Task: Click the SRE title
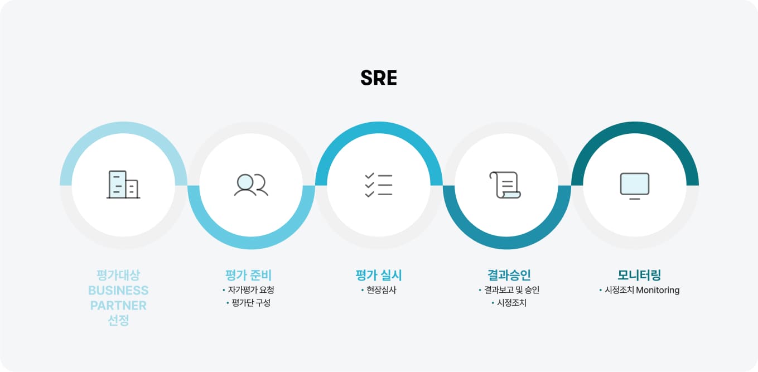pos(379,78)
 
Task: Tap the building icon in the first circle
pos(123,185)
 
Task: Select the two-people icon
pos(251,185)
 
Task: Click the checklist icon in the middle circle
pos(379,185)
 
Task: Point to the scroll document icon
pos(505,185)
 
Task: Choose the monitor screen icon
pos(635,186)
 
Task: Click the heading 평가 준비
pos(248,275)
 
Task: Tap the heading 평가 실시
pos(379,275)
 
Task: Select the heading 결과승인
pos(509,275)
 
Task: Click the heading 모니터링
pos(639,275)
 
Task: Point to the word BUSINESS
pos(118,291)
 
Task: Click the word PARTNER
pos(118,306)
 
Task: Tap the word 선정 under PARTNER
pos(118,320)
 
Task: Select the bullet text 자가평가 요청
pos(251,290)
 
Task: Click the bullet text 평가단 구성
pos(251,303)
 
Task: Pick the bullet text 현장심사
pos(382,290)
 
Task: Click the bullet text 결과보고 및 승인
pos(511,290)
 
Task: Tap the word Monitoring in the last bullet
pos(658,290)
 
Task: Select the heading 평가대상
pos(118,275)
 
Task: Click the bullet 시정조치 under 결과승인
pos(511,303)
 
